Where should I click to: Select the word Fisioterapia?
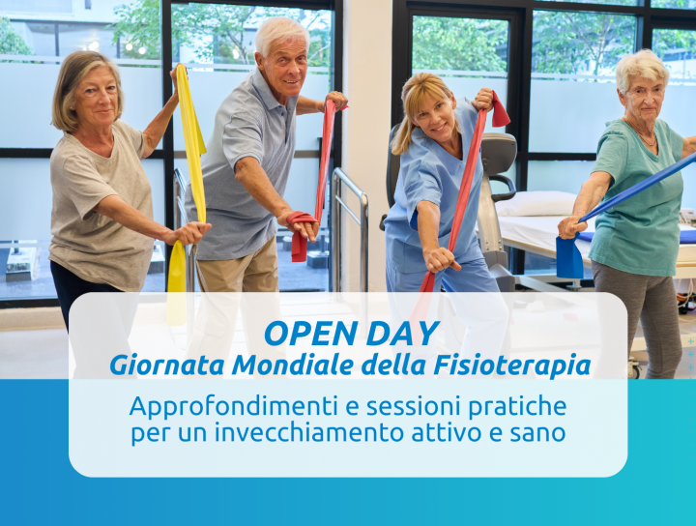pyautogui.click(x=512, y=365)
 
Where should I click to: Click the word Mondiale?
pyautogui.click(x=293, y=365)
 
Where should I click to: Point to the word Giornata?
pyautogui.click(x=168, y=365)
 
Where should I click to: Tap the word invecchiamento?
pyautogui.click(x=309, y=433)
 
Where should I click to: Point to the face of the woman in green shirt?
pyautogui.click(x=643, y=100)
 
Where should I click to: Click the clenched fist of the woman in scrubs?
pyautogui.click(x=440, y=260)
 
